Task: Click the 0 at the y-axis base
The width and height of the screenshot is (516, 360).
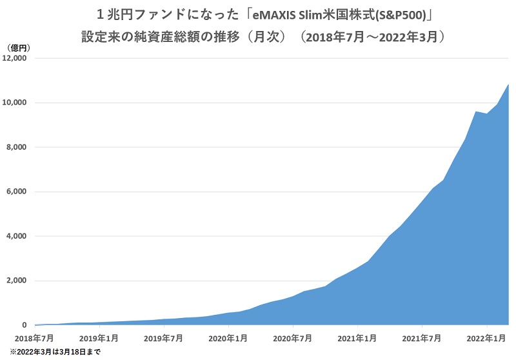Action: (x=25, y=325)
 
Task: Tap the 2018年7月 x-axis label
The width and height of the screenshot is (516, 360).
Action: (x=35, y=337)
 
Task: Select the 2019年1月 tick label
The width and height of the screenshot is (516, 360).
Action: (x=99, y=337)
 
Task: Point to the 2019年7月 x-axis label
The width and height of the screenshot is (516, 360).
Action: (x=164, y=337)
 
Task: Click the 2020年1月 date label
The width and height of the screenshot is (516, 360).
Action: (x=228, y=337)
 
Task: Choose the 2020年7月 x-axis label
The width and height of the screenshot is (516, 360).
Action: (x=293, y=337)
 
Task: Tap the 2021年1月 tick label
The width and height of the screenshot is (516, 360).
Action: (x=357, y=337)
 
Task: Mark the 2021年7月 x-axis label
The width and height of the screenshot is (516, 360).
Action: (x=422, y=337)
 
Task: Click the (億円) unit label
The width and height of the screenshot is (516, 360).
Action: (x=17, y=48)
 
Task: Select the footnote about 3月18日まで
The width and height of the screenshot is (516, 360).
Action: (x=54, y=352)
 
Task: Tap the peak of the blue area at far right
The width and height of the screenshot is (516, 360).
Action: (x=508, y=85)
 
